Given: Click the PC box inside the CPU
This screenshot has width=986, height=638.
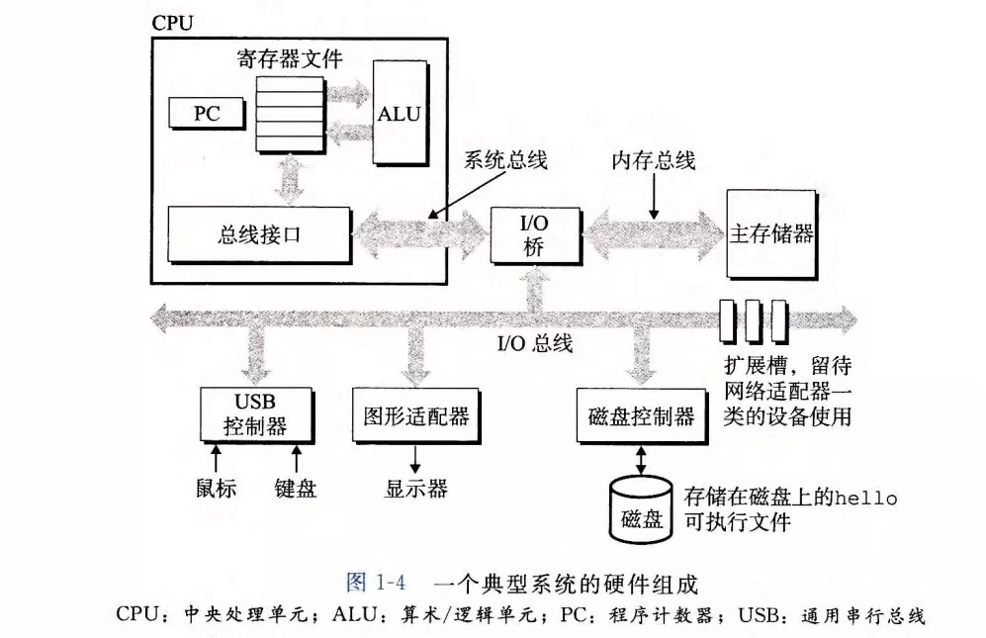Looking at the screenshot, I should tap(206, 114).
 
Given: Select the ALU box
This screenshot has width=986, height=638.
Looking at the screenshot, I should tap(399, 113).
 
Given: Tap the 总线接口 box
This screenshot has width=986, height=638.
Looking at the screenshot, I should tap(259, 234).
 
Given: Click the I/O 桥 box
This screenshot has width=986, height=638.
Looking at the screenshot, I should tap(534, 234).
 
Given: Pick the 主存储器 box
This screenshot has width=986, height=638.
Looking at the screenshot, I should tap(771, 233).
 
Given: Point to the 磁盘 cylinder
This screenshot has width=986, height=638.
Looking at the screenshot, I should tap(641, 510).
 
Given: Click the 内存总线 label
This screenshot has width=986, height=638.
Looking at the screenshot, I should tap(655, 159).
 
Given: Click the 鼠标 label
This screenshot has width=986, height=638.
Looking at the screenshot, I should tap(216, 488).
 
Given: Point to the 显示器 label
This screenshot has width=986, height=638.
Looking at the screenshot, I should tap(415, 488).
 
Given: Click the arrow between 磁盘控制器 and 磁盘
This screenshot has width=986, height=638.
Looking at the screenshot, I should tap(642, 457).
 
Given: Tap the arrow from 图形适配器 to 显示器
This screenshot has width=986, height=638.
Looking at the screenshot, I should tap(415, 457).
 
